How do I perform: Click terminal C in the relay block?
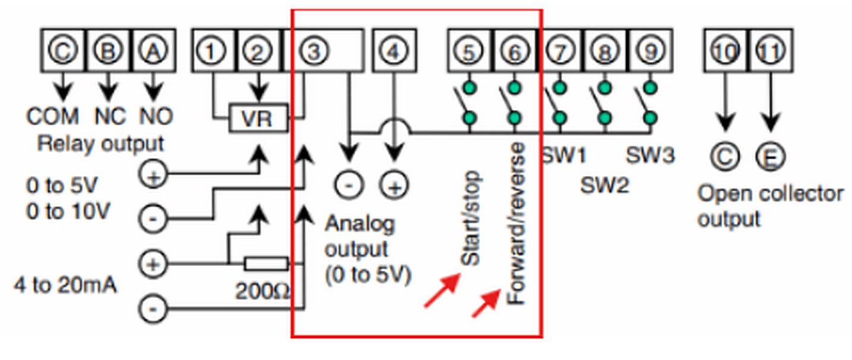click(x=63, y=50)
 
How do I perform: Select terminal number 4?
click(x=395, y=50)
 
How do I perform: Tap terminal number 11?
click(x=771, y=50)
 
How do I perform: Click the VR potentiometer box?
click(x=258, y=118)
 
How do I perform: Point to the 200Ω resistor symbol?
click(x=266, y=263)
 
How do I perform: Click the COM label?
click(x=52, y=116)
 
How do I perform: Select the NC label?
click(x=110, y=116)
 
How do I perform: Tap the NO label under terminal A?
click(x=156, y=116)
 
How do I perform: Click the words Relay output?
click(x=100, y=144)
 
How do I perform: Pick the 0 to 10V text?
click(x=68, y=211)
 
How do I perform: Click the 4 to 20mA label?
click(x=65, y=285)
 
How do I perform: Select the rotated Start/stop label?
click(x=471, y=218)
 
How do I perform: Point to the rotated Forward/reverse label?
click(x=516, y=223)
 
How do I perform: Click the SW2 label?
click(x=605, y=186)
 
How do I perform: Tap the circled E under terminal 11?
click(x=771, y=157)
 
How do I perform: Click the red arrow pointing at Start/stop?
click(x=443, y=290)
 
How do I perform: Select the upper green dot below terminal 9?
click(x=651, y=88)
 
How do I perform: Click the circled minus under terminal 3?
click(x=349, y=185)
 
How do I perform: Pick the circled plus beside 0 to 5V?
click(x=153, y=175)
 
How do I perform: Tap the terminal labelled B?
click(x=108, y=50)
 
